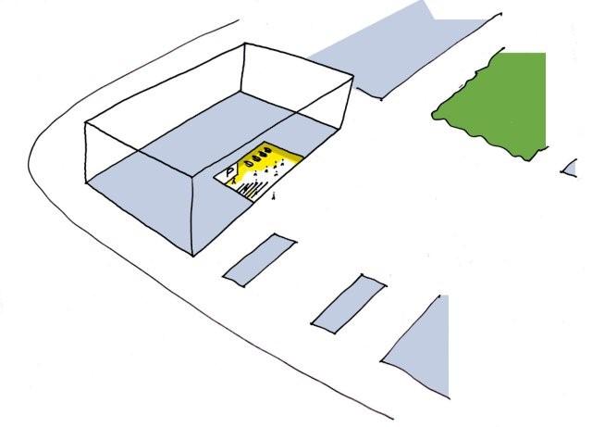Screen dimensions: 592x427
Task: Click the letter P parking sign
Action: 229,173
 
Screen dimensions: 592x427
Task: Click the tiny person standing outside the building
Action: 274,196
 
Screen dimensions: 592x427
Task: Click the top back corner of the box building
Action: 244,44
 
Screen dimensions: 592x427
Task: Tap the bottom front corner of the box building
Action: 193,256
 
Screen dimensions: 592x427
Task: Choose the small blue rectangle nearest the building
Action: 260,260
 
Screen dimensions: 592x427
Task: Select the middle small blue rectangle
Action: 349,305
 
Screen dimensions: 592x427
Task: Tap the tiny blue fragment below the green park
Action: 570,170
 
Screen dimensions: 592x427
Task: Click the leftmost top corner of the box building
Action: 86,122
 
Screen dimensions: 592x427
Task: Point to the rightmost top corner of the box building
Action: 353,76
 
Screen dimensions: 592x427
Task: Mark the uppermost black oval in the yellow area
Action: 268,151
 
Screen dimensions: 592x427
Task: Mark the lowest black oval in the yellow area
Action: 249,164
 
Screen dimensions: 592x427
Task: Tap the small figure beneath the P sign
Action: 234,181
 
